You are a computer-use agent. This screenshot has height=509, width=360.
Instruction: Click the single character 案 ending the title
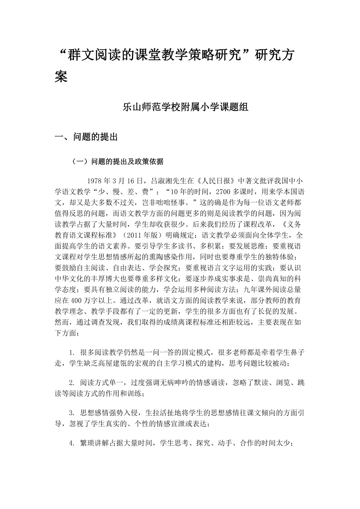coord(61,77)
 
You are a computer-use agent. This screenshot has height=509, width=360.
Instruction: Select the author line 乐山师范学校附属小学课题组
coord(186,108)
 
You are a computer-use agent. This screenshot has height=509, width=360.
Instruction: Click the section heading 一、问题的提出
coord(86,137)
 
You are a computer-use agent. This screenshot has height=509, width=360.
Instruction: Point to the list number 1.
coord(72,352)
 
